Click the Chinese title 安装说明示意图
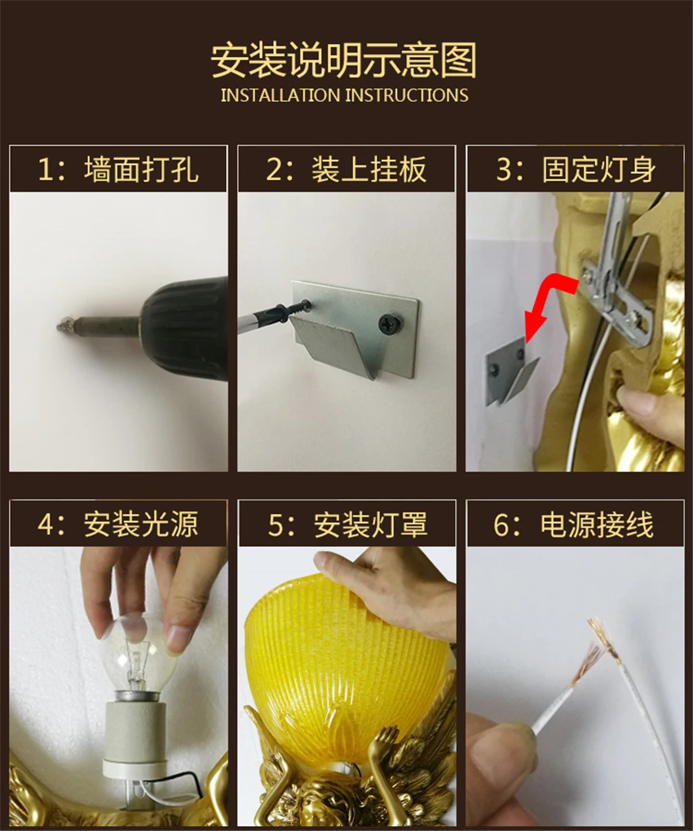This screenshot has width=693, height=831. pos(344,60)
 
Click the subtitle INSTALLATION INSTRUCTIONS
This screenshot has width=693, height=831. pos(345,95)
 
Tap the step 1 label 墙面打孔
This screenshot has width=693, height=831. pos(142,169)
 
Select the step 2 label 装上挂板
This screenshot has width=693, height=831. pos(369,169)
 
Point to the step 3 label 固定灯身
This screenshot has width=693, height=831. pos(598,169)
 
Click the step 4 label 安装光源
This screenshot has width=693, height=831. pos(141,524)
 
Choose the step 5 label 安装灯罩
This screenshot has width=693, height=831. pos(370,524)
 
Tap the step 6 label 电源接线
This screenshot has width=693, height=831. pos(597,524)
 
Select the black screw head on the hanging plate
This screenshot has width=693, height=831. pos(391,323)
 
